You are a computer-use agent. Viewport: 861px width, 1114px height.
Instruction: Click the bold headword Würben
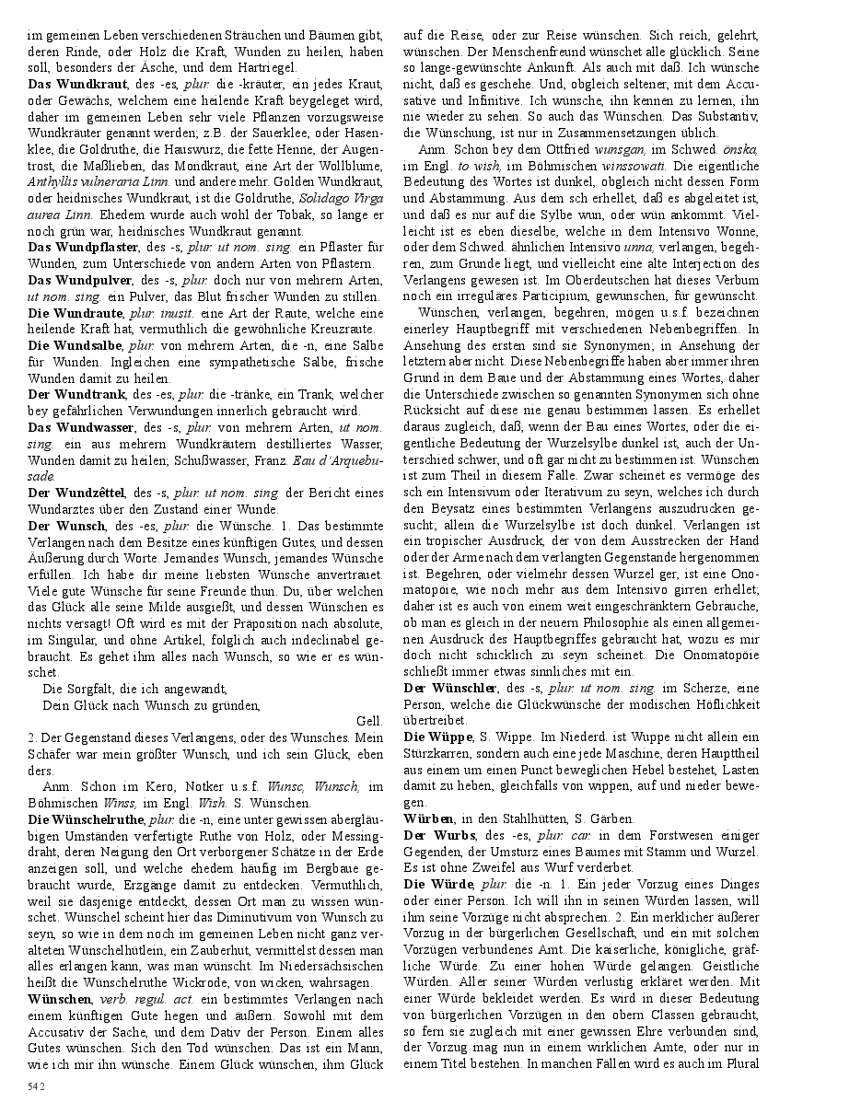[428, 818]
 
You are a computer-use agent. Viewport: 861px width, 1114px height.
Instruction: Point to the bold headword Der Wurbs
[436, 835]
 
